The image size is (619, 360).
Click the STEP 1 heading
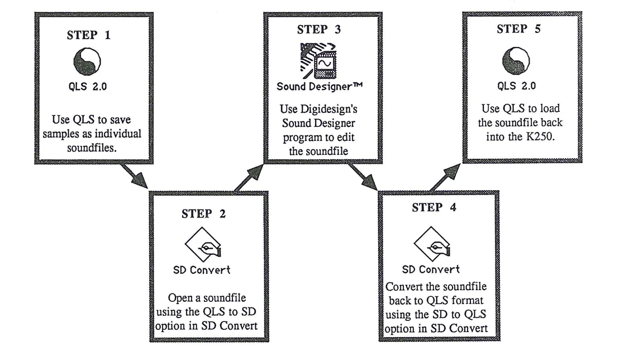[89, 35]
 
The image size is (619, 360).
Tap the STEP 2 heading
[203, 214]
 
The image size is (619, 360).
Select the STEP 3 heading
[318, 30]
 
